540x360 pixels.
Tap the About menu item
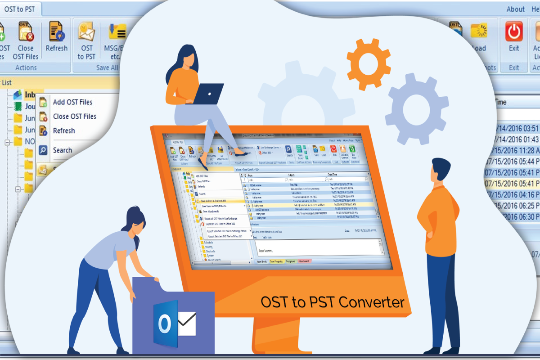(x=515, y=9)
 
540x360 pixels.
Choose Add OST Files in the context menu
(x=72, y=102)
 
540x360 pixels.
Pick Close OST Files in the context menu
(x=74, y=116)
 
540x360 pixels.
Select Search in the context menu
(x=62, y=150)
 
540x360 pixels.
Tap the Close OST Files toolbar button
(x=25, y=40)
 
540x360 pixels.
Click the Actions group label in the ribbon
(x=26, y=67)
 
